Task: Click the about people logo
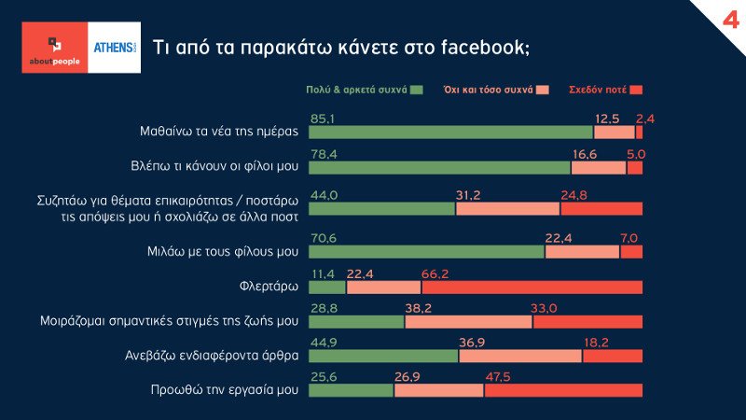pyautogui.click(x=53, y=48)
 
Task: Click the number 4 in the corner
pyautogui.click(x=724, y=19)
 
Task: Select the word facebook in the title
pyautogui.click(x=480, y=47)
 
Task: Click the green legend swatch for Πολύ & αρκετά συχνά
pyautogui.click(x=416, y=91)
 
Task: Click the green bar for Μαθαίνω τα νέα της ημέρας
pyautogui.click(x=450, y=133)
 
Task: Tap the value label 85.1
pyautogui.click(x=323, y=119)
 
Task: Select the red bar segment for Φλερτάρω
pyautogui.click(x=532, y=287)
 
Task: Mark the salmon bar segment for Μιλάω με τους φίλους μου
pyautogui.click(x=582, y=252)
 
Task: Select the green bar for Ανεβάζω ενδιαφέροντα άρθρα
pyautogui.click(x=383, y=356)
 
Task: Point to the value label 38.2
pyautogui.click(x=420, y=308)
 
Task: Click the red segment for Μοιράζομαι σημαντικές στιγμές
pyautogui.click(x=587, y=322)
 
